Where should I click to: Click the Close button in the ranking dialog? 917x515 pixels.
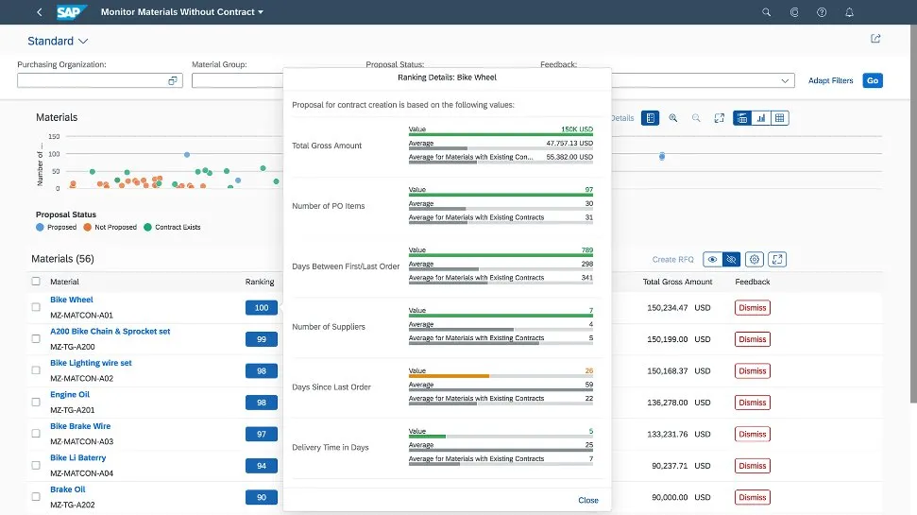[x=587, y=500]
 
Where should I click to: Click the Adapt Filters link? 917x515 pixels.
[x=830, y=80]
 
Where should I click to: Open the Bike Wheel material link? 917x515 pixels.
[x=72, y=300]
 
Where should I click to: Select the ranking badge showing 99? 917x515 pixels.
[x=261, y=339]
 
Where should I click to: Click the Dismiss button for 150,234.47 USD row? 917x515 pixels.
[x=753, y=308]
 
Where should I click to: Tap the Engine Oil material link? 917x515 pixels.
[x=70, y=395]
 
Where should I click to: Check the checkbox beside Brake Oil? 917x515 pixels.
[x=36, y=497]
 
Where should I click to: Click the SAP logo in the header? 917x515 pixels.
[x=72, y=12]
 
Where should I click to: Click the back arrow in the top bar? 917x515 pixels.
[x=39, y=12]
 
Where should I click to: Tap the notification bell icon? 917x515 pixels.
[x=849, y=12]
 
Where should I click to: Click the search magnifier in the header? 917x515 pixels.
[x=766, y=12]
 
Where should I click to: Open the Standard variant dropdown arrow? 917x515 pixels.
[x=83, y=41]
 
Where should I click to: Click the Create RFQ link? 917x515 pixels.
[x=672, y=259]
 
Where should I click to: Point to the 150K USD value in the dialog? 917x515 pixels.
[x=576, y=129]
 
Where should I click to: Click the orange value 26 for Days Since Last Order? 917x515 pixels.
[x=588, y=370]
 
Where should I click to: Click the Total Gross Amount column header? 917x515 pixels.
[x=677, y=282]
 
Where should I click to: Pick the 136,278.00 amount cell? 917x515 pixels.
[x=669, y=403]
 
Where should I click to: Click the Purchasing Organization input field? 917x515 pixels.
[x=92, y=80]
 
